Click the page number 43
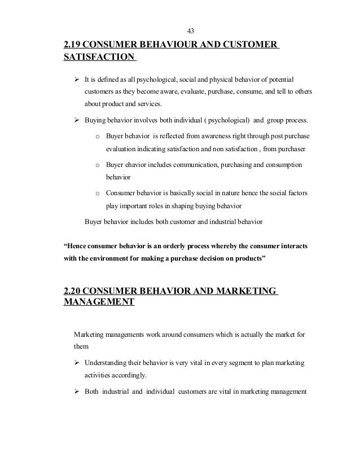click(x=190, y=29)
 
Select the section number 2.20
click(x=77, y=291)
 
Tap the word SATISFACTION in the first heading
click(x=99, y=57)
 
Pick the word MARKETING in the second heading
click(x=244, y=291)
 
